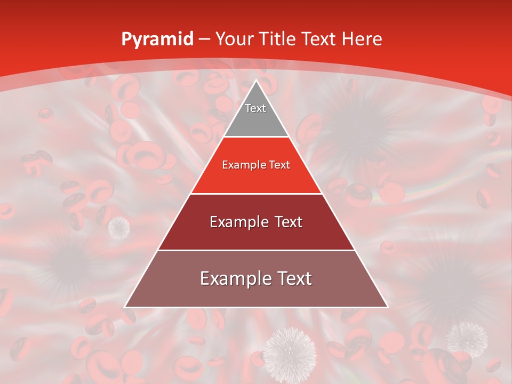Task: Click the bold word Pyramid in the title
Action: click(157, 39)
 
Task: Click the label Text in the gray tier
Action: click(255, 108)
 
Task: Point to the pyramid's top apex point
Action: click(256, 81)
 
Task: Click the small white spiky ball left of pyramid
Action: click(119, 227)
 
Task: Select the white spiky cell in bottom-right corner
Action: click(467, 338)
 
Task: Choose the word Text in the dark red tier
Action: click(285, 222)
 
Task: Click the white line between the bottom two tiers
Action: click(256, 250)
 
